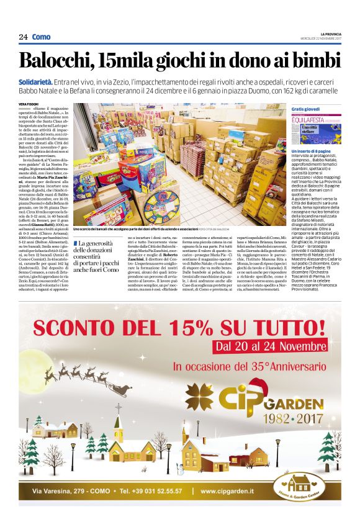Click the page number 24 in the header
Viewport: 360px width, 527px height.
[23, 37]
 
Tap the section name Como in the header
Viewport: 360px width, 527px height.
[42, 37]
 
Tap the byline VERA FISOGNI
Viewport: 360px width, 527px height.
[29, 104]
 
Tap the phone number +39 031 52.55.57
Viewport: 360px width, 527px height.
[151, 492]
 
